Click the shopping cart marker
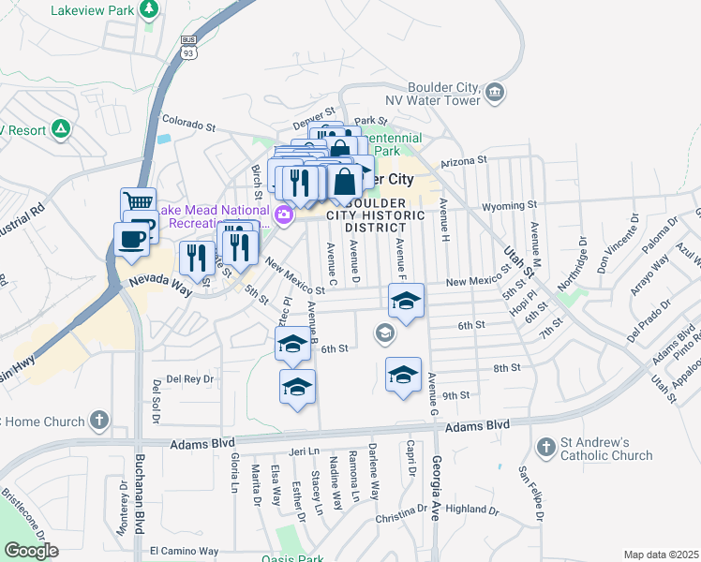click(137, 201)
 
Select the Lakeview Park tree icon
click(148, 8)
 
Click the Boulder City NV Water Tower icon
click(495, 92)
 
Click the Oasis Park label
click(292, 559)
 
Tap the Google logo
click(31, 550)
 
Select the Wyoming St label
click(508, 205)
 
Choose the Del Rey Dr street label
click(189, 379)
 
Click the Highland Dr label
click(471, 510)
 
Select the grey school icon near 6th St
click(384, 333)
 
